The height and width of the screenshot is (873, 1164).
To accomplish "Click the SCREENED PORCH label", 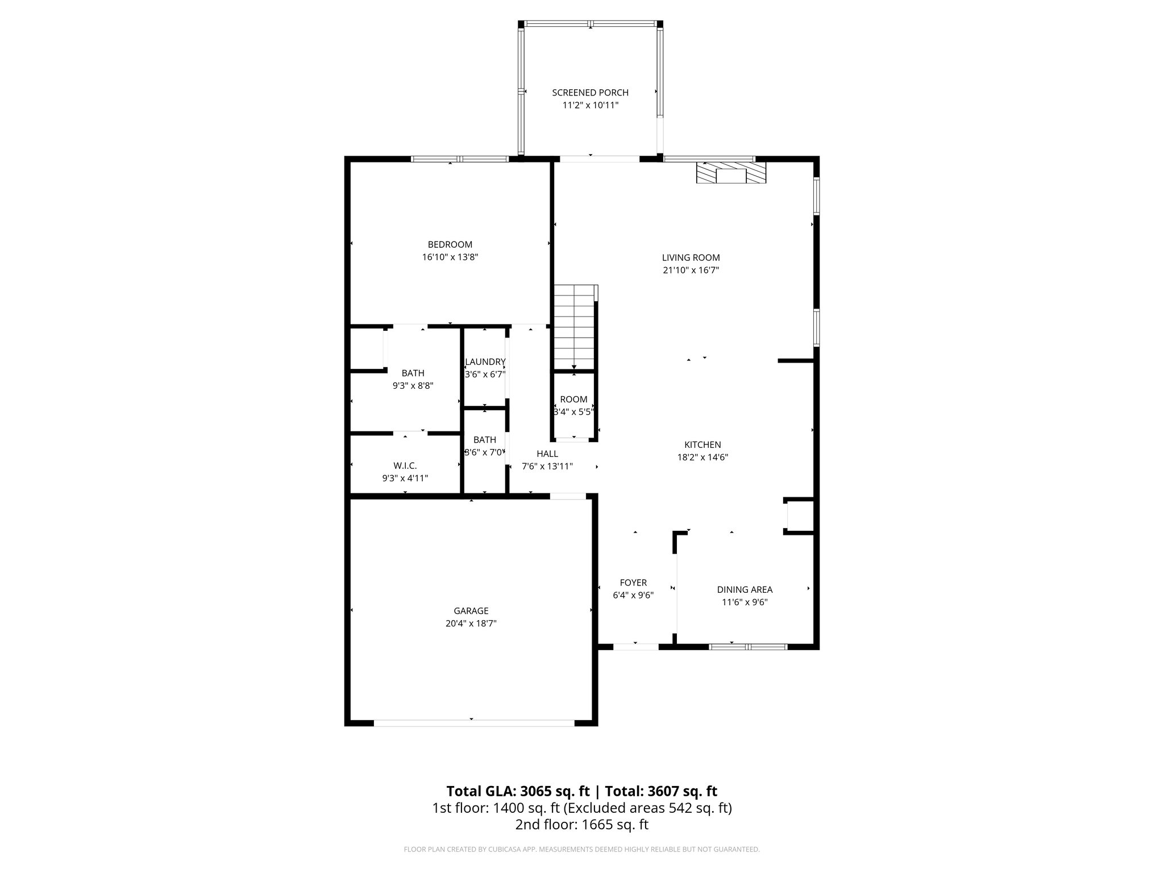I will coord(590,93).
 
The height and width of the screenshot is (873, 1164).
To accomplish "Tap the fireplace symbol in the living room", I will coord(731,173).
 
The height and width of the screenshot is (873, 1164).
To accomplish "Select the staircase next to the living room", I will coord(575,329).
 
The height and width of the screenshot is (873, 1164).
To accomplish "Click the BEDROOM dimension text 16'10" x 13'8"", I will coord(450,257).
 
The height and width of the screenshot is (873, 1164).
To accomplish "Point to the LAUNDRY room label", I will coord(485,362).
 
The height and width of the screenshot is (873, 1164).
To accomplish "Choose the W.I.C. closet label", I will coord(405,465).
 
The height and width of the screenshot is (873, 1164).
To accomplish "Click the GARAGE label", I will coord(471,611).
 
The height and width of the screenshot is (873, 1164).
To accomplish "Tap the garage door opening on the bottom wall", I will coord(473,723).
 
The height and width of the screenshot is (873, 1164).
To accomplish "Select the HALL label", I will coord(547,454).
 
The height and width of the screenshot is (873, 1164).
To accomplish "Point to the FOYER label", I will coord(633,583).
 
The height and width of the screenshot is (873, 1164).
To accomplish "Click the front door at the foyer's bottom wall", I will coord(635,646).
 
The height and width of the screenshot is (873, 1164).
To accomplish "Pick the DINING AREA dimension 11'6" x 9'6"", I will coord(745,602).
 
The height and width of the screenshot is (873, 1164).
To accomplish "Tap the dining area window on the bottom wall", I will coord(748,646).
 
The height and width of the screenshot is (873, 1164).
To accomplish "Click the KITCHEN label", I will coord(702,445).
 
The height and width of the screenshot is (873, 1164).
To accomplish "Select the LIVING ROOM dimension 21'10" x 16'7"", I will coord(691,271).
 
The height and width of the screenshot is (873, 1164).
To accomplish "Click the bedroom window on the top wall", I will coord(460,159).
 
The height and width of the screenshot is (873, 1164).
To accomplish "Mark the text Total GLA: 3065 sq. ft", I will coord(518,791).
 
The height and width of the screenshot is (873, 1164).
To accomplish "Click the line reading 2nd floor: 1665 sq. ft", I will coord(581,824).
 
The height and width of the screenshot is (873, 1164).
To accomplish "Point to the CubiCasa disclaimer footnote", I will coord(581,850).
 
